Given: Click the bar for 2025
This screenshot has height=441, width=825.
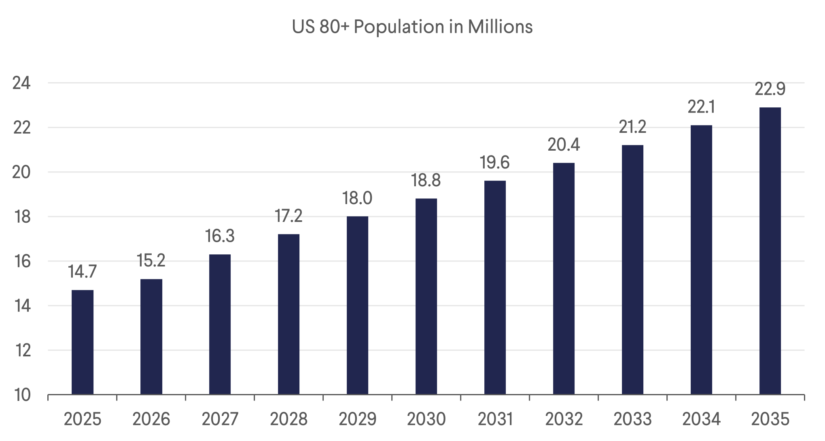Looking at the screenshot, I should [83, 342].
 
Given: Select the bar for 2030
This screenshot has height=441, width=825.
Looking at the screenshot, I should [426, 296].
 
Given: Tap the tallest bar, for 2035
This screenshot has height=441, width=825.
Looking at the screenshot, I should [770, 251].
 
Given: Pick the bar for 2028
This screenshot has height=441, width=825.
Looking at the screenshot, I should [288, 314].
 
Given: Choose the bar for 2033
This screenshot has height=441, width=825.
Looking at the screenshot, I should [632, 270].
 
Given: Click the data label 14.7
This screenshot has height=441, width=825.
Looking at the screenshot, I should [83, 272].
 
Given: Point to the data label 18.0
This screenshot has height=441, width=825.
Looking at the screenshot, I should [357, 198].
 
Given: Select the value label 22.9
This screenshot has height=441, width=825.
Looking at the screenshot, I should [770, 89].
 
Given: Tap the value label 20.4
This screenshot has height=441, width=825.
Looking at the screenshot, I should [564, 145].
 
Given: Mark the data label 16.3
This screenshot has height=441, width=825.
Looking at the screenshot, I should [220, 236].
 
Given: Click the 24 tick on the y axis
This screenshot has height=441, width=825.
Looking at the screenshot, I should [22, 83].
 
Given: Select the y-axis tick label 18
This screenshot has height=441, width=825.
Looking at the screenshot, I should [22, 217].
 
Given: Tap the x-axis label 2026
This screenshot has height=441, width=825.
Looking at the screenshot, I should [151, 419].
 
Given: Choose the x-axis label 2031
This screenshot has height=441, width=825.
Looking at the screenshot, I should [495, 419].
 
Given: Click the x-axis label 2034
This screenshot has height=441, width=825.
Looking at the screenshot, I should [701, 419].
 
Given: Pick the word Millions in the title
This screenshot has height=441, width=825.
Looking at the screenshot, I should [500, 27].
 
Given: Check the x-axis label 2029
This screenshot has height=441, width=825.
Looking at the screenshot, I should [357, 419].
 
